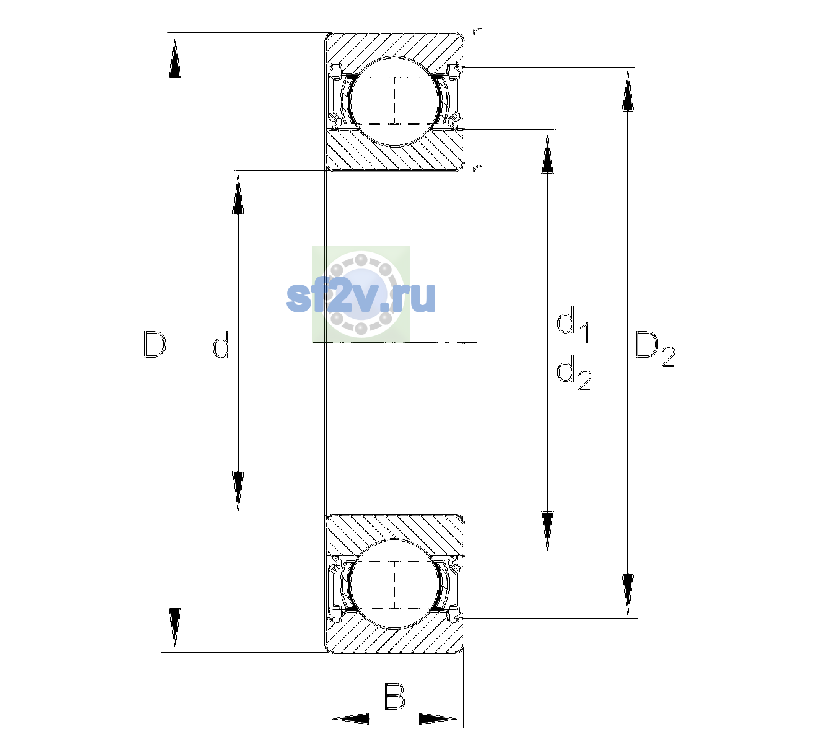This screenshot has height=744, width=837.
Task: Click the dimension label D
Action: click(155, 344)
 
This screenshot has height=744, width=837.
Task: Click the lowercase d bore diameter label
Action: click(221, 344)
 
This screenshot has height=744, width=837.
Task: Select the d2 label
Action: click(574, 373)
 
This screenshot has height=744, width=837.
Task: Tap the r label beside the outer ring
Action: click(476, 37)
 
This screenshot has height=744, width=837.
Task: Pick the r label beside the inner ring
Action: click(476, 174)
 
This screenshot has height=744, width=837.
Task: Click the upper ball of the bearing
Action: click(395, 101)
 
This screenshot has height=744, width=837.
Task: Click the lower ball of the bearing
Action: click(395, 584)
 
